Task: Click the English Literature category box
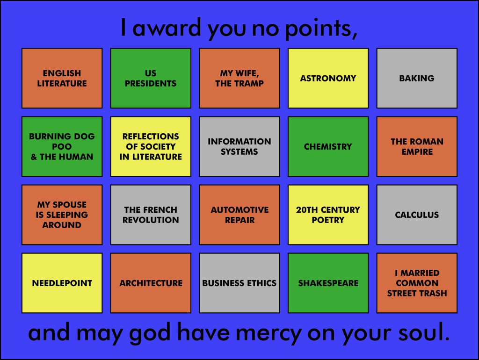tap(62, 78)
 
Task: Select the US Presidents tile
tap(151, 78)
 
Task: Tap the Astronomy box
tap(328, 78)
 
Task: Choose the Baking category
tap(417, 78)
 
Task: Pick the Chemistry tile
tap(328, 146)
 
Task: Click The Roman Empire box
tap(417, 146)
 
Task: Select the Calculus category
tap(417, 215)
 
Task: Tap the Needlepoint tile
tap(62, 283)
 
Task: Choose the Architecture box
tap(151, 283)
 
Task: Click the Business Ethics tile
tap(239, 283)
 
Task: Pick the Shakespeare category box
tap(328, 283)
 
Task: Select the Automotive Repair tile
tap(239, 215)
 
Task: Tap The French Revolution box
tap(151, 215)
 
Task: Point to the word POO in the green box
tap(62, 146)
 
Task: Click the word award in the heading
tap(167, 28)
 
